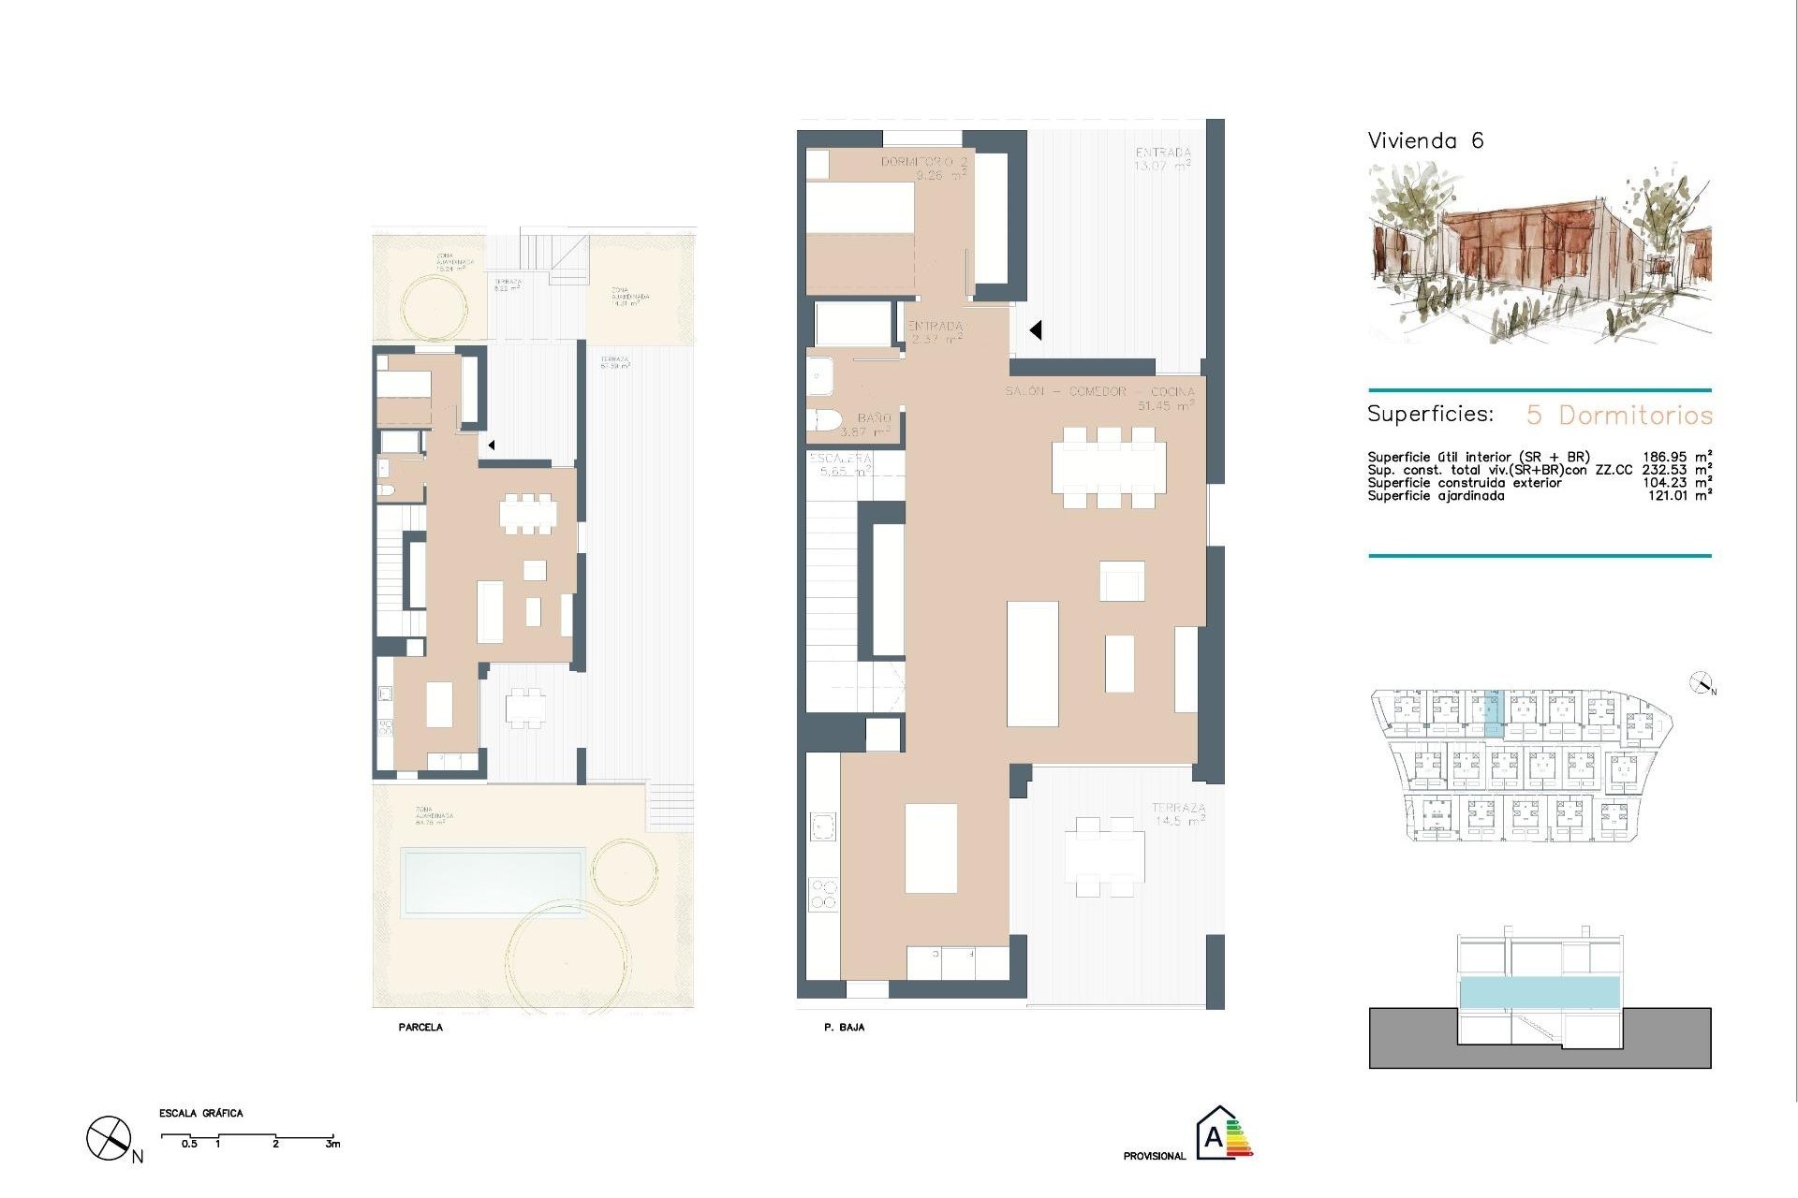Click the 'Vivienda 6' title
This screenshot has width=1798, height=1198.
click(x=1425, y=141)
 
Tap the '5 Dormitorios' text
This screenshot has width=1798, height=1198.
click(x=1619, y=415)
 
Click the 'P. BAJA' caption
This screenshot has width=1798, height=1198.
click(x=844, y=1028)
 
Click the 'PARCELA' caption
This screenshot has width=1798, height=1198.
click(x=420, y=1028)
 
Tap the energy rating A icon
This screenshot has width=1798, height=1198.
click(x=1220, y=1133)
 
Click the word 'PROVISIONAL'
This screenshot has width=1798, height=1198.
click(x=1154, y=1157)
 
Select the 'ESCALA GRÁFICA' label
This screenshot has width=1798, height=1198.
click(x=201, y=1114)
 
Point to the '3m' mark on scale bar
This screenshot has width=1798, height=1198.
click(x=332, y=1144)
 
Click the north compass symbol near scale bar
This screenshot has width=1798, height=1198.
click(x=109, y=1139)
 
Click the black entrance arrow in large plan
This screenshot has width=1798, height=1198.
click(x=1036, y=330)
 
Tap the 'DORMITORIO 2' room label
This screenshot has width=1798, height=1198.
click(x=924, y=162)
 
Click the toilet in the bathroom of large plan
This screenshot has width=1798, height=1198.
click(x=825, y=422)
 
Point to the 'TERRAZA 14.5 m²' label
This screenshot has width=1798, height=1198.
click(x=1178, y=813)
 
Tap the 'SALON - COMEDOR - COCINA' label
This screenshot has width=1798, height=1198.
click(x=1099, y=391)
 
